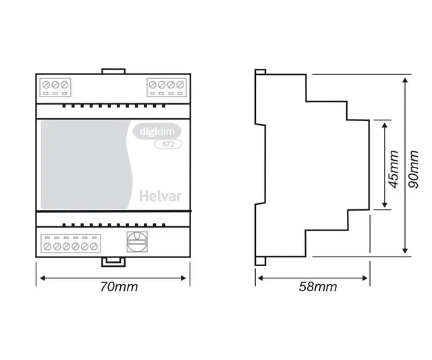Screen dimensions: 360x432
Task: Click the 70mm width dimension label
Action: [x=119, y=286]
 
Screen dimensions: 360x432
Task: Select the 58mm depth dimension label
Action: [x=318, y=287]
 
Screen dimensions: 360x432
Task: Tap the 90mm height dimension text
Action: [x=415, y=168]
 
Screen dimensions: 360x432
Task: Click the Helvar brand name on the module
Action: [x=159, y=197]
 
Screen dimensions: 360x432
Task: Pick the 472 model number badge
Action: [x=164, y=143]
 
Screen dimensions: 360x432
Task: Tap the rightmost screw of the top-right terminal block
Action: [x=178, y=86]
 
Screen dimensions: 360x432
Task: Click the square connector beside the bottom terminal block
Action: [x=137, y=241]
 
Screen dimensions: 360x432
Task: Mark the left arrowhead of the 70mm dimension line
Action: [x=39, y=276]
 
